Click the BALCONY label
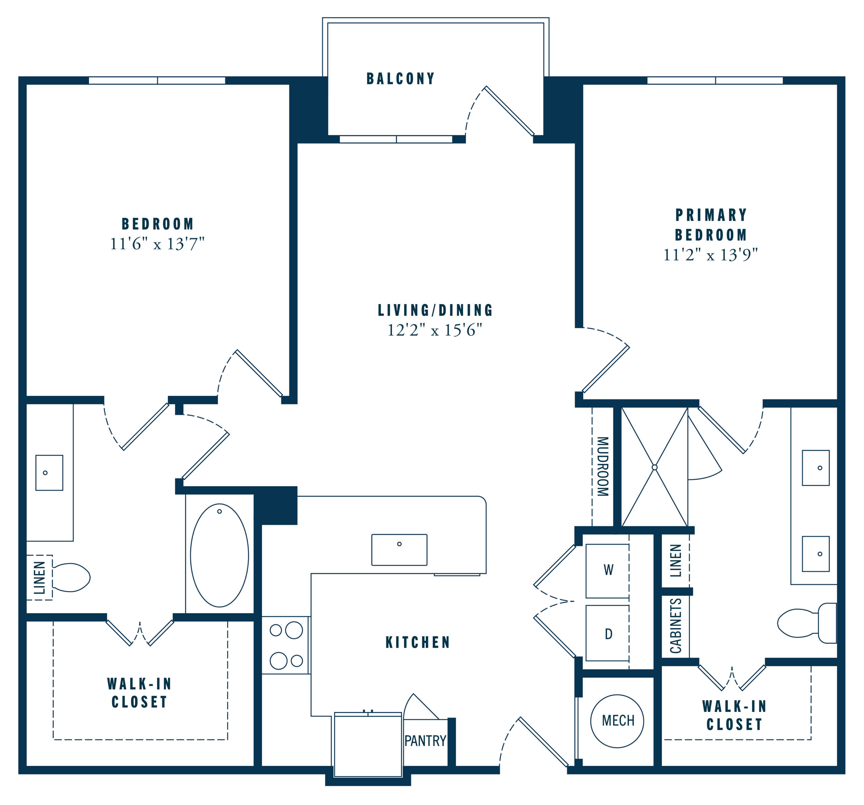400,79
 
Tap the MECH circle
617,721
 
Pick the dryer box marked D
607,633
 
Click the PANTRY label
425,741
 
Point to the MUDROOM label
602,467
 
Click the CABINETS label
675,626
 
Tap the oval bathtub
219,555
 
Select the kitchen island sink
399,550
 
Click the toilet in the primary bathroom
807,623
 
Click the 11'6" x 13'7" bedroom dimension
157,244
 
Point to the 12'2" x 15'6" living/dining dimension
435,330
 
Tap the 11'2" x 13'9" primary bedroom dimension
710,255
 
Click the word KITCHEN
418,642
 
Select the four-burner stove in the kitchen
286,645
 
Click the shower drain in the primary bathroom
654,468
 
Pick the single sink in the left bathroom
49,473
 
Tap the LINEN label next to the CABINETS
675,560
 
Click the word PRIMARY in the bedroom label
711,215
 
